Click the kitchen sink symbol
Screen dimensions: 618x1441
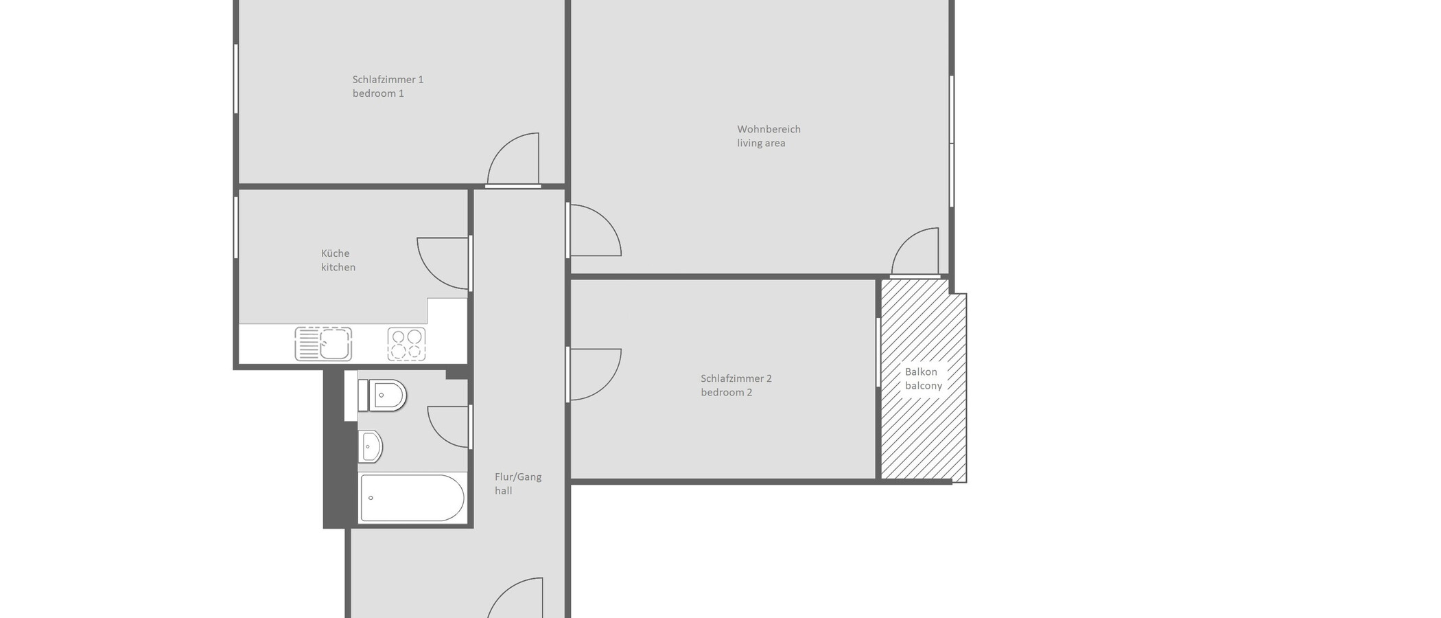pyautogui.click(x=323, y=344)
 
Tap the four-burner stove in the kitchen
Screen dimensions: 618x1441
pyautogui.click(x=406, y=344)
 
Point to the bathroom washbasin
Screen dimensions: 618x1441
pyautogui.click(x=370, y=447)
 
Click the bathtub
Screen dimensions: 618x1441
pyautogui.click(x=412, y=498)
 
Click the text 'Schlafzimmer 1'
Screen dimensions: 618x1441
pyautogui.click(x=388, y=80)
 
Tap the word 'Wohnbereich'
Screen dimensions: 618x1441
pyautogui.click(x=769, y=129)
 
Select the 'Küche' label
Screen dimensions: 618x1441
pyautogui.click(x=335, y=253)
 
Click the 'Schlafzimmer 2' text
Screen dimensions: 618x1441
pyautogui.click(x=736, y=378)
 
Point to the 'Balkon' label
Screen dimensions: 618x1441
pyautogui.click(x=920, y=371)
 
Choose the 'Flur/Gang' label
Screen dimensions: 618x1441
pyautogui.click(x=518, y=477)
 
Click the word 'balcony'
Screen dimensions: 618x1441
pyautogui.click(x=923, y=386)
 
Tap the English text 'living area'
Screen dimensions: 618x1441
pyautogui.click(x=761, y=144)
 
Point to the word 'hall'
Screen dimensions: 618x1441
pyautogui.click(x=503, y=491)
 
